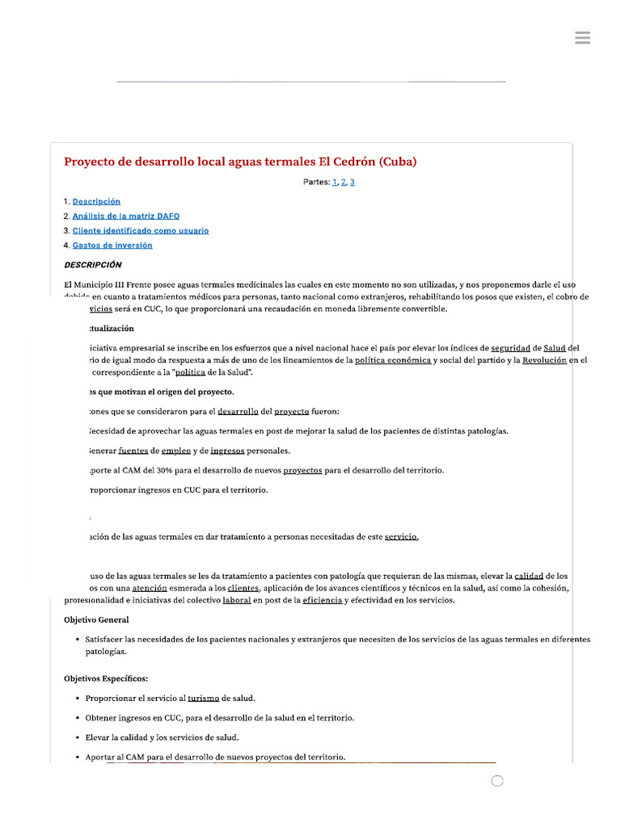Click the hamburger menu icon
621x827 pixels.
coord(582,38)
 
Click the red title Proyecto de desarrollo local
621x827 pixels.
coord(240,162)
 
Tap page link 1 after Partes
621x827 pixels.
coord(335,183)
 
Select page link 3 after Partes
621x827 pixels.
coord(353,183)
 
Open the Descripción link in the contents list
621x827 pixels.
coord(96,201)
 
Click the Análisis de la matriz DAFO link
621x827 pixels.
coord(126,216)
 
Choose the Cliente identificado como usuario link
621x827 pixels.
coord(141,230)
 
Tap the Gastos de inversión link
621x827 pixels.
coord(112,245)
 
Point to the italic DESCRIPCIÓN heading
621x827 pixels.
coord(93,264)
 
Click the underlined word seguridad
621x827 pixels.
coord(510,348)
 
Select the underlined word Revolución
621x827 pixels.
coord(544,360)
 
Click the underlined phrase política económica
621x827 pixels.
coord(393,360)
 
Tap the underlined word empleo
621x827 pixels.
coord(175,451)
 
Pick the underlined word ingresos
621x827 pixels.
coord(228,451)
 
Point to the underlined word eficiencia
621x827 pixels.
coord(323,600)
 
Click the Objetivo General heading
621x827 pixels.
coord(96,619)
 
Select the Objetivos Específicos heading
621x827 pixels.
coord(106,678)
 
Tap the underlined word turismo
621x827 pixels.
coord(203,698)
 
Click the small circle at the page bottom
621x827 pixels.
coord(497,781)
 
